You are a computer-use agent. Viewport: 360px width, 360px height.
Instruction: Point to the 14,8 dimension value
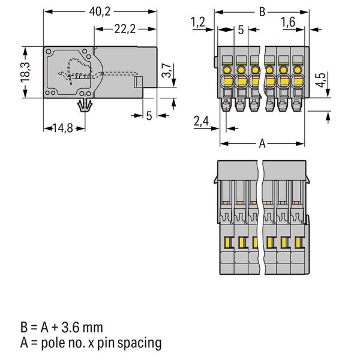62,127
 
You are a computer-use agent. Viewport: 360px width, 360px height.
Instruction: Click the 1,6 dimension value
289,23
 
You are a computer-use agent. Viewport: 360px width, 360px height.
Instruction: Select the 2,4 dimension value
202,122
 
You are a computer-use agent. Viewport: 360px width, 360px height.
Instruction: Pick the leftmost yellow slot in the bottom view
228,242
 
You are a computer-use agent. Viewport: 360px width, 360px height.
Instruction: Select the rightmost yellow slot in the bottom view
297,242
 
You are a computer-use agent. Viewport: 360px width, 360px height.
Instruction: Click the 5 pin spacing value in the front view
239,29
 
